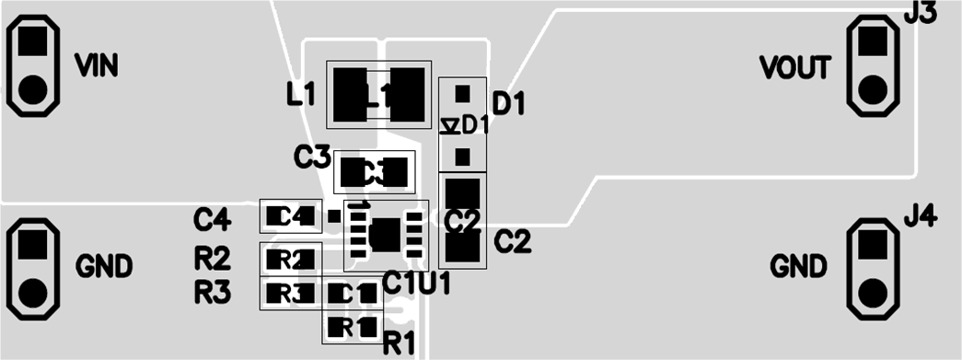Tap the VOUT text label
click(795, 67)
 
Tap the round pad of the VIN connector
click(32, 89)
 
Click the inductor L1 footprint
click(379, 95)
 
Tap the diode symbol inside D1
click(450, 125)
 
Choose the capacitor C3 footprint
click(374, 171)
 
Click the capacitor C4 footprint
click(291, 216)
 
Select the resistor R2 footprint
click(290, 259)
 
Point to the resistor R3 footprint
click(290, 294)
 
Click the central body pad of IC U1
click(385, 234)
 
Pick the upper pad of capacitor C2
click(462, 194)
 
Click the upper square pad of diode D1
click(462, 92)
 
